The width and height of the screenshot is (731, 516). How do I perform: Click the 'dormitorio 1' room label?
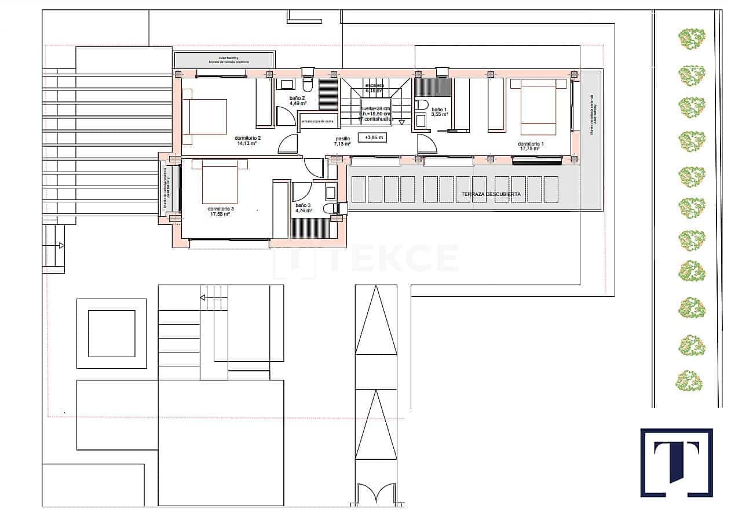(529, 146)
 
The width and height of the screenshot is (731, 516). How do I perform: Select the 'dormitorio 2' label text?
(247, 140)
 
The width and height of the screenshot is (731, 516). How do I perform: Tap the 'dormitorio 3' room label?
(220, 211)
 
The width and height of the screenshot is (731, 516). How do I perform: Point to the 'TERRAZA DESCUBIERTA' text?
(491, 195)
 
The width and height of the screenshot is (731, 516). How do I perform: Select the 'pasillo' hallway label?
(343, 141)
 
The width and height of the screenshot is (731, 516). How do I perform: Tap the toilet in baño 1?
(422, 105)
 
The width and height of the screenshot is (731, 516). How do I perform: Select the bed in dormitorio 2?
(204, 117)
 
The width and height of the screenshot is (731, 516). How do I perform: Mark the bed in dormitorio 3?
(220, 181)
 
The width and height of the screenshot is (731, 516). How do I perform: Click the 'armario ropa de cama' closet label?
(317, 121)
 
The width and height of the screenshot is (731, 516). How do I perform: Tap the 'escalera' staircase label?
(374, 88)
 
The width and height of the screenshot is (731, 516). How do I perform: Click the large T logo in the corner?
(676, 462)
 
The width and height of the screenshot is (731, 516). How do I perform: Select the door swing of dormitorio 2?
(288, 144)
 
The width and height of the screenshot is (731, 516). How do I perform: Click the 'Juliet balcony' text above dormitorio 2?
(222, 59)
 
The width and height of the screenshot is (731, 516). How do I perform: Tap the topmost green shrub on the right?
(692, 39)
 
